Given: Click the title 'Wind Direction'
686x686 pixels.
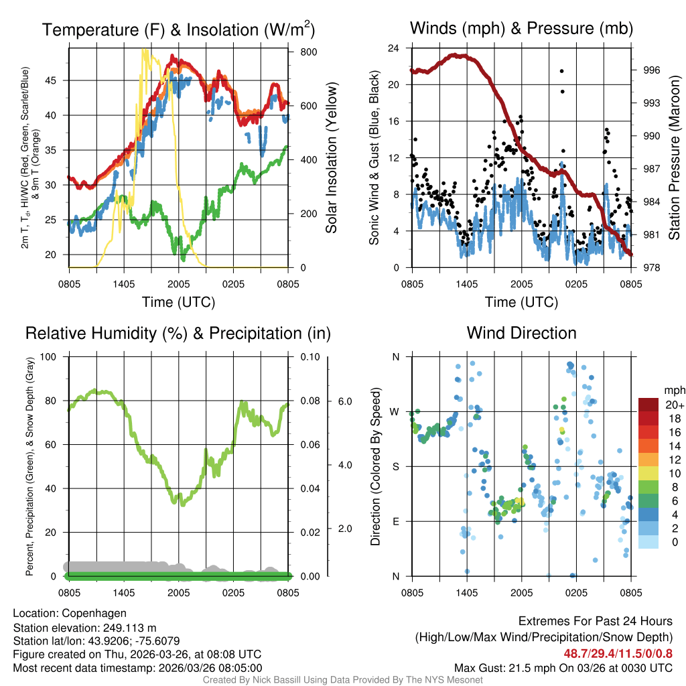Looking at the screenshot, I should coord(521,333).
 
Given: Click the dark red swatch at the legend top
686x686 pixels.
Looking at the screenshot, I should coord(648,404).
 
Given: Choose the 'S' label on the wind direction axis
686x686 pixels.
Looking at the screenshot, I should coord(395,466).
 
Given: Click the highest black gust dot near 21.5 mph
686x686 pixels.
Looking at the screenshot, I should coord(561,71).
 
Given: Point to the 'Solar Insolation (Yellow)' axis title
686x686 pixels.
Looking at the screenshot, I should coord(332,158).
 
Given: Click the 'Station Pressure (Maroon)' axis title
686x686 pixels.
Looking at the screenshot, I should coord(674,158).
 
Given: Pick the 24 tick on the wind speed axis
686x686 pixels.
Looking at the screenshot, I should coord(394,48).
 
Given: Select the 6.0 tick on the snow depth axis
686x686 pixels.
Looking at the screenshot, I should coord(346,401).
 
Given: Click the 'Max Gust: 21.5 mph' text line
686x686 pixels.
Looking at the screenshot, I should coord(563,667).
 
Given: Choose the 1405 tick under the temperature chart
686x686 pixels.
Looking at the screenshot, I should coord(125,284).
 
